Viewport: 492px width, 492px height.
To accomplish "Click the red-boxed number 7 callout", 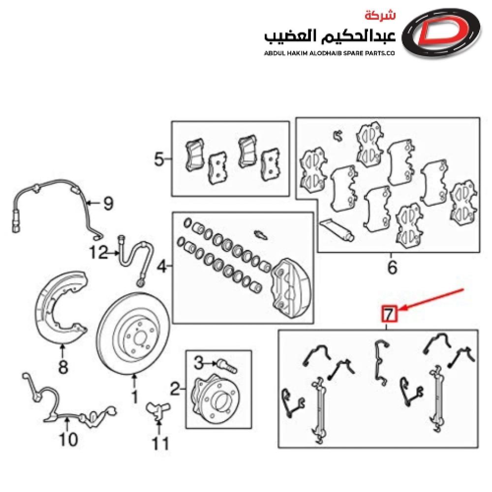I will (x=390, y=313).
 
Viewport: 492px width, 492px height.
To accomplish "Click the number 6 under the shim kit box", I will (x=392, y=268).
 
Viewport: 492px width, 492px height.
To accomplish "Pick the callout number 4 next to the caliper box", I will (x=161, y=268).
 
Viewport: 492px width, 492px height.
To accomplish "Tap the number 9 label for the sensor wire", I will (x=107, y=203).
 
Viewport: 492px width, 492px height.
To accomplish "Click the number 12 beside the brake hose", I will (x=97, y=253).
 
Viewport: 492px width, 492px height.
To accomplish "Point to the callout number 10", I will (x=68, y=439).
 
